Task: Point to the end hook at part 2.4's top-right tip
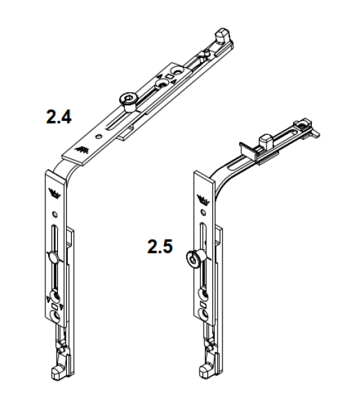coord(222,34)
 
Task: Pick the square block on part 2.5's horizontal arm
coord(265,140)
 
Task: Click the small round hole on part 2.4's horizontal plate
coord(104,128)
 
